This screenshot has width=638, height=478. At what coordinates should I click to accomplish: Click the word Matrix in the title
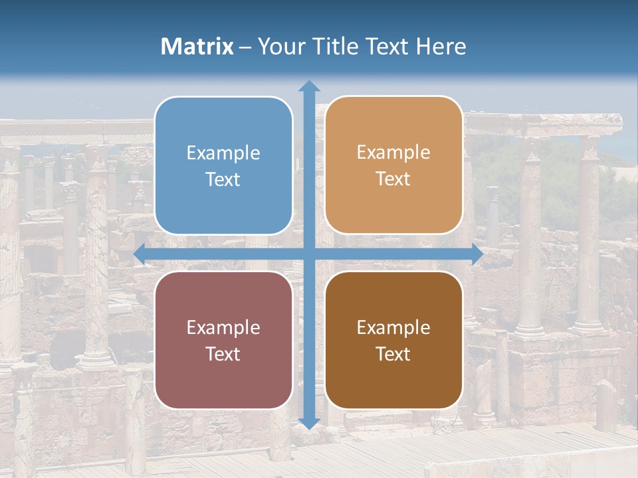197,46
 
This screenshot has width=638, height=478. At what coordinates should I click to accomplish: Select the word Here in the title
441,46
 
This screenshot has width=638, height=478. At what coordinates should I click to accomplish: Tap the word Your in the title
280,46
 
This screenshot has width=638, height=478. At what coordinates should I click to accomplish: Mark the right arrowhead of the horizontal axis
477,254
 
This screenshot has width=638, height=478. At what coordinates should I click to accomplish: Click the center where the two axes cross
308,254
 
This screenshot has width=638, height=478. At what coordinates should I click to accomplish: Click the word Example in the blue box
223,153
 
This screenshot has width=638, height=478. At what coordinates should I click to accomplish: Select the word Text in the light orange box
393,179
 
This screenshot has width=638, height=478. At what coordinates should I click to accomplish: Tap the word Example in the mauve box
223,328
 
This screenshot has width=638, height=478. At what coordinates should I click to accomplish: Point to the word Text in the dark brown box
393,354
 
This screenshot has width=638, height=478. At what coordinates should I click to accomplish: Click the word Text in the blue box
223,180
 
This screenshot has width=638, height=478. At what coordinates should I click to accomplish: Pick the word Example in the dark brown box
393,328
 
